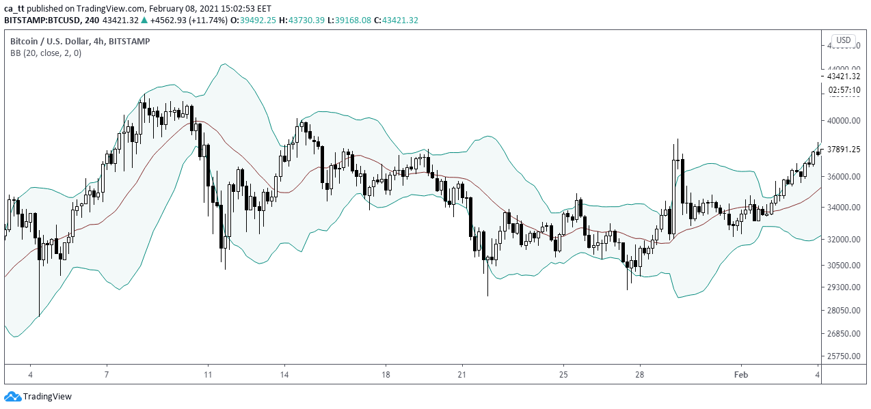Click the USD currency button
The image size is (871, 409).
844,40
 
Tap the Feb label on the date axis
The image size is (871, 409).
740,375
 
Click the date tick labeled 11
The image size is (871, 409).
208,375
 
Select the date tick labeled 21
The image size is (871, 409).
462,375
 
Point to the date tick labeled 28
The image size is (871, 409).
640,375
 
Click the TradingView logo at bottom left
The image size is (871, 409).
38,396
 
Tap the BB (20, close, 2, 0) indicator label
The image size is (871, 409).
46,53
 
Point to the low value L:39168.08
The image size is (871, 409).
349,20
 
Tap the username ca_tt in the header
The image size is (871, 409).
16,8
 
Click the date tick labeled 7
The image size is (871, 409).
107,375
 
